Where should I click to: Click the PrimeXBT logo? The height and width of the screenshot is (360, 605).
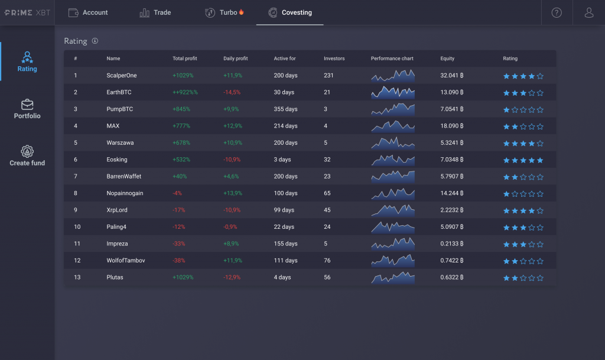point(27,12)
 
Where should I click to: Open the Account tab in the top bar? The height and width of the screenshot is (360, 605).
point(88,12)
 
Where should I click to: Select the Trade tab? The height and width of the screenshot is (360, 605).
point(155,12)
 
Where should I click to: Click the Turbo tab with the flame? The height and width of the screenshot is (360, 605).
point(224,12)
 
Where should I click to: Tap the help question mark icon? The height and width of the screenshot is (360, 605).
point(557,12)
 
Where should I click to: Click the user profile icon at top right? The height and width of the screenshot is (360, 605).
point(589,12)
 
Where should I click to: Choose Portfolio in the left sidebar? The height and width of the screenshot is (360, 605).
point(27,109)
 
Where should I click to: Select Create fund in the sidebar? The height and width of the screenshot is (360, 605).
point(27,156)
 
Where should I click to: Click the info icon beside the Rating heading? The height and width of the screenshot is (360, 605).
point(95,41)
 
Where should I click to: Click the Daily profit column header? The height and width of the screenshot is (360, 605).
point(236,59)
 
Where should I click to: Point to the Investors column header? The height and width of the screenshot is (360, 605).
point(334,59)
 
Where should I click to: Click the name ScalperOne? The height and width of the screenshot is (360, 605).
point(122,76)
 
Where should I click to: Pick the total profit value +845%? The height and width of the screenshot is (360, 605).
point(183,109)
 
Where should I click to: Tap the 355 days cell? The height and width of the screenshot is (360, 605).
point(286,109)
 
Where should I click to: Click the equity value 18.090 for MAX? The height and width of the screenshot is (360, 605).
point(452,126)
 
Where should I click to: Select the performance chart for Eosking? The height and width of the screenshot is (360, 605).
point(393,160)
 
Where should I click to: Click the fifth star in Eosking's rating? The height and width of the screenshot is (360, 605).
point(540,160)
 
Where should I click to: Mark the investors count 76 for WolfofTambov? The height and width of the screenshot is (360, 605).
point(327,261)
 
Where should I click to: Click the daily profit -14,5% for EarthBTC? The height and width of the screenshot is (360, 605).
point(232,93)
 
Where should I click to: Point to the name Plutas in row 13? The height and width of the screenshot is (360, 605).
point(115,277)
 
